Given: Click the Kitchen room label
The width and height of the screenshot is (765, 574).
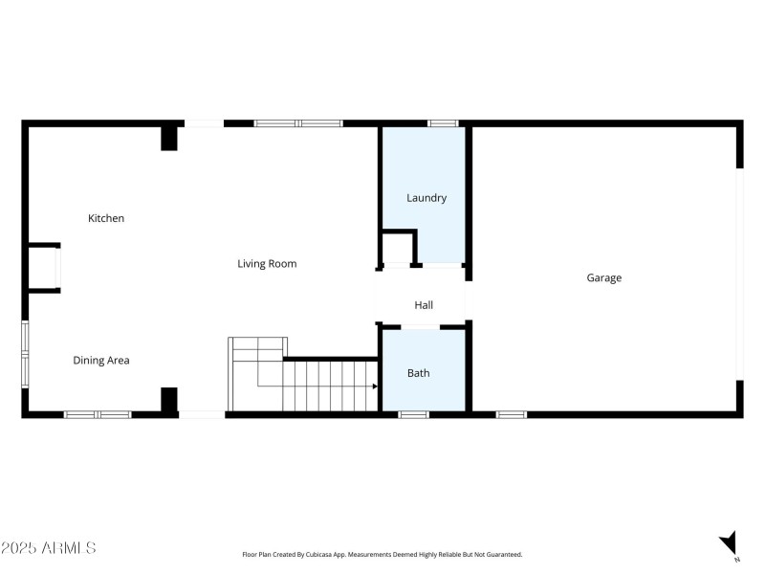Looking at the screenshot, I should [106, 218].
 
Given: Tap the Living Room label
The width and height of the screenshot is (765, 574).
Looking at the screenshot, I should [267, 263].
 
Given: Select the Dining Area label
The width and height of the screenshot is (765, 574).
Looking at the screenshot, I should [101, 361].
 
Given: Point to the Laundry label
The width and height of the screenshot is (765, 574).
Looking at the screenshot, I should [426, 198].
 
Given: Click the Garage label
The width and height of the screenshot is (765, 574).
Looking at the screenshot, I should [603, 277].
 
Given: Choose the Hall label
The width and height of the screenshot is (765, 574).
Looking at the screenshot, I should [424, 305].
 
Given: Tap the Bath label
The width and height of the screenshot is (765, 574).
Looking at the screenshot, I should [419, 373].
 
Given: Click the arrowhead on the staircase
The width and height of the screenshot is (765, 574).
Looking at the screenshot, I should [375, 386].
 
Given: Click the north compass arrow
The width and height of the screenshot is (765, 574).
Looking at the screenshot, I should [730, 542].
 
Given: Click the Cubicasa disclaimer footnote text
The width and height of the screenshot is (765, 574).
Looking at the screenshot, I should [382, 555].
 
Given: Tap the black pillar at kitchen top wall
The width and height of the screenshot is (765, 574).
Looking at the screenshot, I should [169, 138].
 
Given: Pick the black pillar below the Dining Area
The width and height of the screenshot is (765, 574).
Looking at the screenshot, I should [169, 400].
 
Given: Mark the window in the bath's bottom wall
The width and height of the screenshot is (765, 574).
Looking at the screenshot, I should [413, 414].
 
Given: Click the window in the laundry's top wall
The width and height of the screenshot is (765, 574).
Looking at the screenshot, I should [442, 123].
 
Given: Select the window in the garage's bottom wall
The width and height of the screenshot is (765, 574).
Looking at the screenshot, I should [511, 414].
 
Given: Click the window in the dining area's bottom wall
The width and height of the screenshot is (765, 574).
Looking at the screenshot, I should [98, 414].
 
